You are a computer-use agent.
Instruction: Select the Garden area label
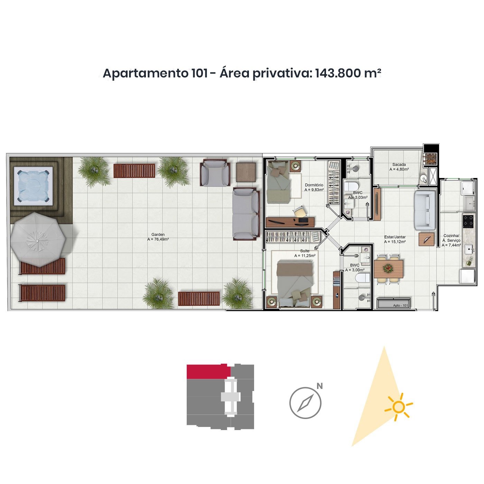pyautogui.click(x=158, y=237)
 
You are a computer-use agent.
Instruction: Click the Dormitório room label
pyautogui.click(x=314, y=187)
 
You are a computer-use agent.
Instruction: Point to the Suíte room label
pyautogui.click(x=305, y=253)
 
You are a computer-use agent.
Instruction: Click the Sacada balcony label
pyautogui.click(x=399, y=167)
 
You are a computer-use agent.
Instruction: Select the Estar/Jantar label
pyautogui.click(x=395, y=240)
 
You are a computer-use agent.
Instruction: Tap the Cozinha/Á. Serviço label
pyautogui.click(x=452, y=240)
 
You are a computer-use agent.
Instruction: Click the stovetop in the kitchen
pyautogui.click(x=468, y=221)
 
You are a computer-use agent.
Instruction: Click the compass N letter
pyautogui.click(x=320, y=386)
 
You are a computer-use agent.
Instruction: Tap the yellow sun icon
pyautogui.click(x=399, y=407)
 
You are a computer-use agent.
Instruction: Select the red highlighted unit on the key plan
pyautogui.click(x=208, y=372)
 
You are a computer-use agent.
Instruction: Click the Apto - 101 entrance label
pyautogui.click(x=401, y=305)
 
